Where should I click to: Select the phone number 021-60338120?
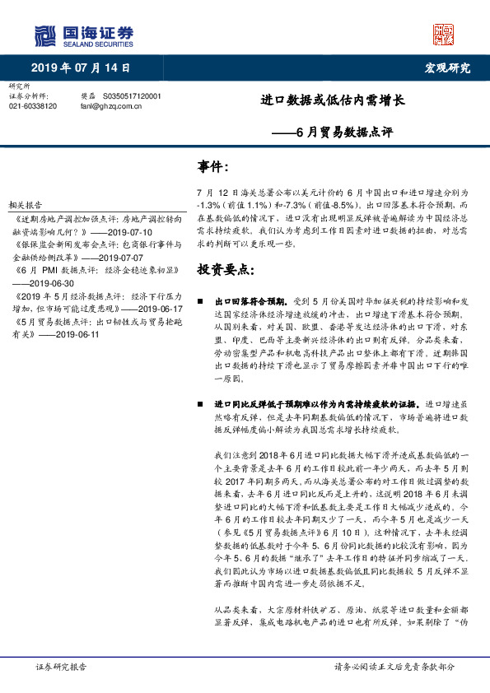click(33, 106)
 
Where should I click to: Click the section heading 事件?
click(212, 168)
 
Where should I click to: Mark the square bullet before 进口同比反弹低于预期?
click(201, 405)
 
